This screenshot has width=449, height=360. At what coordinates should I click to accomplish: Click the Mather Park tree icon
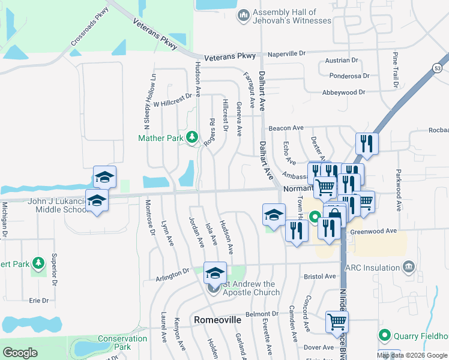click(x=192, y=138)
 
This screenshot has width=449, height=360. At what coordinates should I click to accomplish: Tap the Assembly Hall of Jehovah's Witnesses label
click(x=292, y=16)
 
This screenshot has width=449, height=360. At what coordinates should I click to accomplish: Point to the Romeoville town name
click(x=217, y=320)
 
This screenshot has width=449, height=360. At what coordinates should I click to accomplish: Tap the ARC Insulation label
click(x=376, y=268)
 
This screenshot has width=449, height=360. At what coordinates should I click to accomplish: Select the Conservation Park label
click(x=122, y=343)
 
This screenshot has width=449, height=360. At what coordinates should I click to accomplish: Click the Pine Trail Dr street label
click(x=396, y=70)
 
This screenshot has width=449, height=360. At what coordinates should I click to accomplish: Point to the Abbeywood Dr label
click(x=343, y=92)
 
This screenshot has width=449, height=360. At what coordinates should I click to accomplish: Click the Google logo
click(x=20, y=353)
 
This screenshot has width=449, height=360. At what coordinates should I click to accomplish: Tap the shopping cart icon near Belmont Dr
click(x=337, y=322)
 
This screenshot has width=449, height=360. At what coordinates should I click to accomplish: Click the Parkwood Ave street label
click(x=397, y=190)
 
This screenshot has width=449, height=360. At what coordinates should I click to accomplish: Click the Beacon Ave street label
click(x=286, y=128)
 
